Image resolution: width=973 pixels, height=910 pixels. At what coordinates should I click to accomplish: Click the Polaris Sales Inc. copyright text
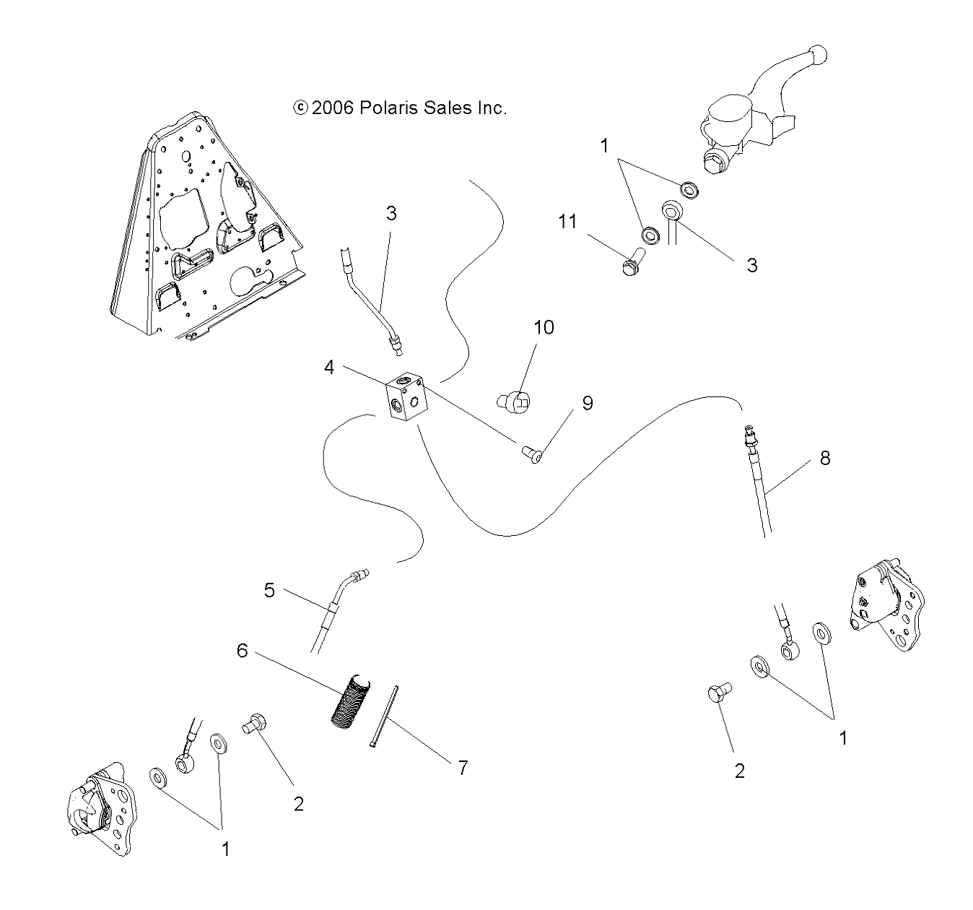pos(400,108)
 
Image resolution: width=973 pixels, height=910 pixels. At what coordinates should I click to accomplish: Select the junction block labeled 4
pos(405,398)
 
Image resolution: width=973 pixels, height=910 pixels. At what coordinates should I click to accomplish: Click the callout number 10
pos(544,327)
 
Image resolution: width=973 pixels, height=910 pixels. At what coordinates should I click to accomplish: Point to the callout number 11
pos(567,221)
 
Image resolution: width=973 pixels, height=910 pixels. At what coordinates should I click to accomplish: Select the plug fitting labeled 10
pos(514,402)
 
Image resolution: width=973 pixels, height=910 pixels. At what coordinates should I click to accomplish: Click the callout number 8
pos(824,458)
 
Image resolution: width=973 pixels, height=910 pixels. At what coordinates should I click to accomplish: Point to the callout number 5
pos(269,590)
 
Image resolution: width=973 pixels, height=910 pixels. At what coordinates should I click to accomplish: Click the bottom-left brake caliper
pos(100,808)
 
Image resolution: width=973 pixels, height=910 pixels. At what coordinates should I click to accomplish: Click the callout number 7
pos(462,768)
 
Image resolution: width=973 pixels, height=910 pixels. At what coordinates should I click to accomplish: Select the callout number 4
pos(329,368)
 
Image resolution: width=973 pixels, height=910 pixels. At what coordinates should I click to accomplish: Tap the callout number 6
pos(242,651)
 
